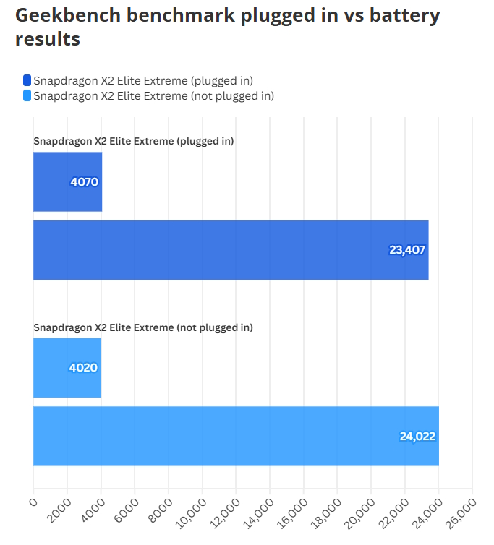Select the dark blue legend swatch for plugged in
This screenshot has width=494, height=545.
pyautogui.click(x=27, y=80)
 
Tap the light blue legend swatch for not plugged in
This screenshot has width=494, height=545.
pyautogui.click(x=27, y=95)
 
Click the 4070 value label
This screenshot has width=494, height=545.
pyautogui.click(x=84, y=181)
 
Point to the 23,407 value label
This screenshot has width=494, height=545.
pyautogui.click(x=407, y=250)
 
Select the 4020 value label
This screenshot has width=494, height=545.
pyautogui.click(x=83, y=368)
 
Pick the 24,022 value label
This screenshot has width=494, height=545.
pyautogui.click(x=417, y=437)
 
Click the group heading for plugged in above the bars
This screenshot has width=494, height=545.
pyautogui.click(x=133, y=141)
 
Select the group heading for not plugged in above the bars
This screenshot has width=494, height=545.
pyautogui.click(x=142, y=327)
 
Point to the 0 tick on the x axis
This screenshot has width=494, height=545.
pyautogui.click(x=33, y=499)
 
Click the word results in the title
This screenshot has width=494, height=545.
pyautogui.click(x=47, y=40)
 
